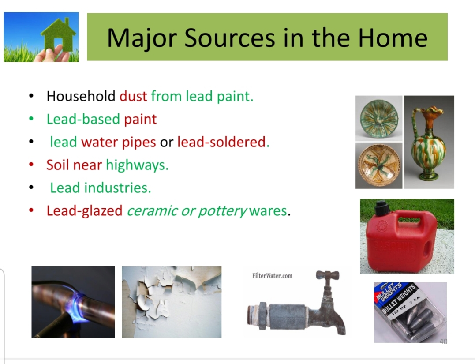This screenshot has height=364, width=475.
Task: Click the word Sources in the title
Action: pos(229,38)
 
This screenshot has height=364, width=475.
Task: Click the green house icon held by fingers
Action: pos(59,34)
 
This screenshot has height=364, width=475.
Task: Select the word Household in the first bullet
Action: pos(81,96)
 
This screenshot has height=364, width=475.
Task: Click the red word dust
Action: pos(133,96)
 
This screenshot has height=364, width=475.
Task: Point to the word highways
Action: pos(137,165)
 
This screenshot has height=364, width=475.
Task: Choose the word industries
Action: pos(117,188)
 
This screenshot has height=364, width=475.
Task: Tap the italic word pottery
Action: pos(222,211)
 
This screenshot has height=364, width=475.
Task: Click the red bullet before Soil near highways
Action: pos(31,164)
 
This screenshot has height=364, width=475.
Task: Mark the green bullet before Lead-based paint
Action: pos(31,119)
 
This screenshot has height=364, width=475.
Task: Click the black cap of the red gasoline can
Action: pos(381,208)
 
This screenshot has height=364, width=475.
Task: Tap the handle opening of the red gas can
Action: pos(409,220)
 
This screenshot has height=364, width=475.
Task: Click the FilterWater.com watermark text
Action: pos(272,275)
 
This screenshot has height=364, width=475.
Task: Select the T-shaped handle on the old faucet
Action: pos(327,275)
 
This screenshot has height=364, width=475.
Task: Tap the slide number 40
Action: pos(443,341)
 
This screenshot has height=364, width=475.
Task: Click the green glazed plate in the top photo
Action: pos(379,118)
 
